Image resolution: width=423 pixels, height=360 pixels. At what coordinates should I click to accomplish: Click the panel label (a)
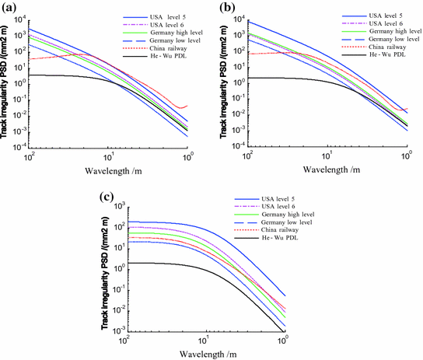(x=12, y=9)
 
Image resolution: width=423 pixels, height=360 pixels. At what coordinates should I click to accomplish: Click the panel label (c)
(x=111, y=196)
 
